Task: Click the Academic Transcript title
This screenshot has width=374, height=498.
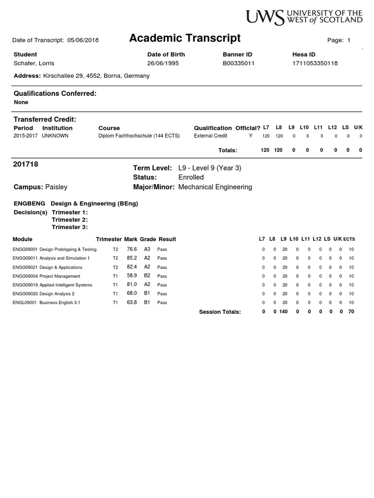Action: click(x=185, y=38)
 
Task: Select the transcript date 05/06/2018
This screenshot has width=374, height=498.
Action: click(x=83, y=40)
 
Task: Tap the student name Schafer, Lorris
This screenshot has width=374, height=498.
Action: click(x=34, y=63)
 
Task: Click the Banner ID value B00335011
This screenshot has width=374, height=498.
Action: click(x=239, y=63)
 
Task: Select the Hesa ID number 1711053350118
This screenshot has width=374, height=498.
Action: click(x=315, y=63)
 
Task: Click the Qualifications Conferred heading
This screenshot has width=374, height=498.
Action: click(x=55, y=93)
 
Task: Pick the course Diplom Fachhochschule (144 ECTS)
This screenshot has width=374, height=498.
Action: click(x=139, y=136)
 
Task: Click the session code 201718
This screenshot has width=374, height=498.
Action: click(x=25, y=165)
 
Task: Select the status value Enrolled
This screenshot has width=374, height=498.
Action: click(x=191, y=178)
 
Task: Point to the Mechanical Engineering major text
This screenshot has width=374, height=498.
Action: click(x=215, y=187)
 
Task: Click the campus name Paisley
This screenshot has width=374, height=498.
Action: click(x=56, y=187)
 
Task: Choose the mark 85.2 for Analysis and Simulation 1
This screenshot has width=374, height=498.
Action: click(x=131, y=258)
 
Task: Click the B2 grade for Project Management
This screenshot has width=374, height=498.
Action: click(x=147, y=276)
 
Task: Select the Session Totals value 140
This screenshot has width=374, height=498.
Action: click(x=283, y=312)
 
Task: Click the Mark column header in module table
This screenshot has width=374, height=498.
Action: click(x=131, y=239)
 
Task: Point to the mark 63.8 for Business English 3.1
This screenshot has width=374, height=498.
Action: click(x=131, y=302)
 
